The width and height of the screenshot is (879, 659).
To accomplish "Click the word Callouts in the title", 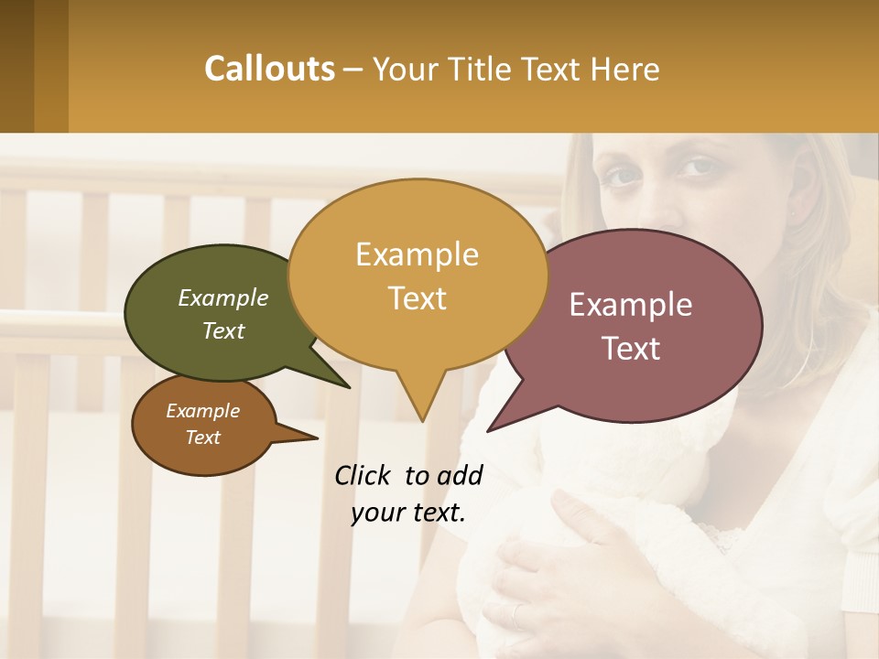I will pyautogui.click(x=269, y=69).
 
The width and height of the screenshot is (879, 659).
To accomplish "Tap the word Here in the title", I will pyautogui.click(x=626, y=69).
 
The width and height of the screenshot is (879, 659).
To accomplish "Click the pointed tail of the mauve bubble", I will pyautogui.click(x=492, y=427).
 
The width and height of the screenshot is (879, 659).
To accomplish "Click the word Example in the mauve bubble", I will pyautogui.click(x=631, y=305).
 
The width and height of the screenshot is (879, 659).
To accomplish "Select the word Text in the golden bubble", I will pyautogui.click(x=417, y=298).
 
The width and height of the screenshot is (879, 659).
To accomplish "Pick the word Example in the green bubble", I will pyautogui.click(x=222, y=297).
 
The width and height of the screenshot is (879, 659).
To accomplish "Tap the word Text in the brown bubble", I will pyautogui.click(x=203, y=438).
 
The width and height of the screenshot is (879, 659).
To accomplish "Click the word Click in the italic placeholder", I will pyautogui.click(x=364, y=475).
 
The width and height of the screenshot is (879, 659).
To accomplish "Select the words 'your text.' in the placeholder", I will pyautogui.click(x=408, y=513).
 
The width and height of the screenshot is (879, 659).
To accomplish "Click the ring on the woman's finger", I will pyautogui.click(x=516, y=616).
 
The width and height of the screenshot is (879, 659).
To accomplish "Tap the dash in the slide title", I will pyautogui.click(x=355, y=69).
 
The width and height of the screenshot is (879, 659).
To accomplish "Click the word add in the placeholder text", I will pyautogui.click(x=461, y=475).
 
